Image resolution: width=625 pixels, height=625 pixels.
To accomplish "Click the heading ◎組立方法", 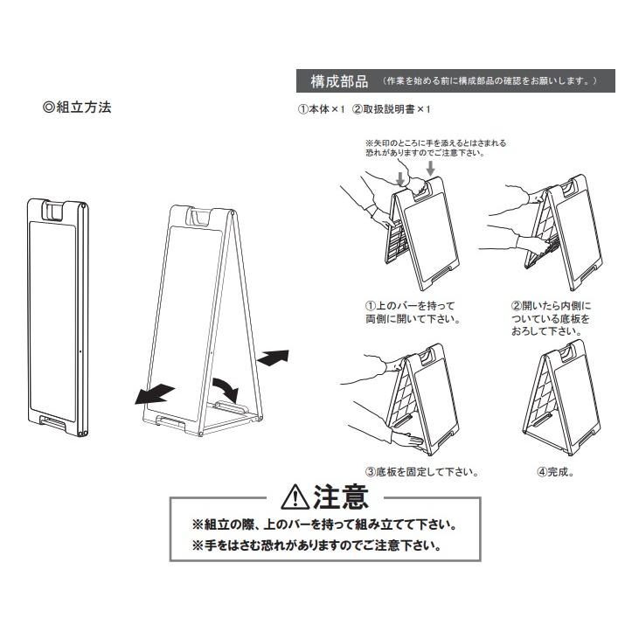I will point(77,108).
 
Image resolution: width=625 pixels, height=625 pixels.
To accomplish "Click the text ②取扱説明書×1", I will point(392,110).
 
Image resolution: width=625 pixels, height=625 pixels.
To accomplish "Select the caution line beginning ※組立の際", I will point(324,525).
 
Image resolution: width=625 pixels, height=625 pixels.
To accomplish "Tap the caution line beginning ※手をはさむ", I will point(316,545).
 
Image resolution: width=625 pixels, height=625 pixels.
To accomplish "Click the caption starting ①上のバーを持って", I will point(413,312).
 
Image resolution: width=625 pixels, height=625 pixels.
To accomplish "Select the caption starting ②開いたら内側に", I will point(551,318).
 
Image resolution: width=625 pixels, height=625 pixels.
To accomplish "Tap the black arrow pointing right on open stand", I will point(273,357).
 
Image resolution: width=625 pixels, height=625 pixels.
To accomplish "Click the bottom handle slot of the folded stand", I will point(59,424).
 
